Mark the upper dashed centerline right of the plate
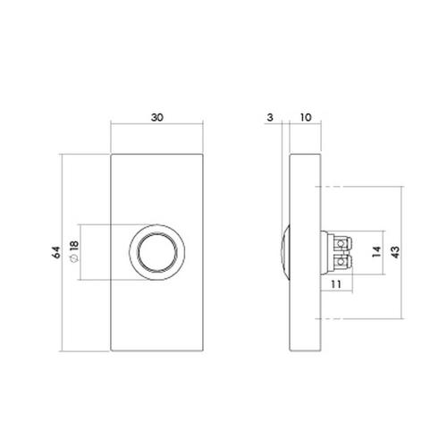point(358,187)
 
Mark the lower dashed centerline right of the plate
point(358,318)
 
